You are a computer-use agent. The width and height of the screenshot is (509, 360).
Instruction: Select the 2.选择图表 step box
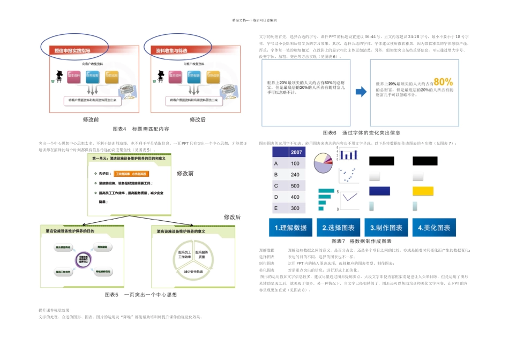(x=339, y=227)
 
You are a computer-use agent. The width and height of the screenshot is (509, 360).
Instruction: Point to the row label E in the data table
(x=275, y=208)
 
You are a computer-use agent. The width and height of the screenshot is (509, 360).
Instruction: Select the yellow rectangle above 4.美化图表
(x=423, y=191)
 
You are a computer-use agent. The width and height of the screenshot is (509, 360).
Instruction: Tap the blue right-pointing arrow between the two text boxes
(x=362, y=91)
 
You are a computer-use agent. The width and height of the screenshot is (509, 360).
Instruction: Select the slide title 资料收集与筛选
(x=171, y=50)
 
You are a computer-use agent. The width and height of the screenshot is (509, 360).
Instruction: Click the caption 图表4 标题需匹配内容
(x=141, y=129)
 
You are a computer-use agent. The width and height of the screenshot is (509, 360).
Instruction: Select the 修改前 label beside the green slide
(x=185, y=174)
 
